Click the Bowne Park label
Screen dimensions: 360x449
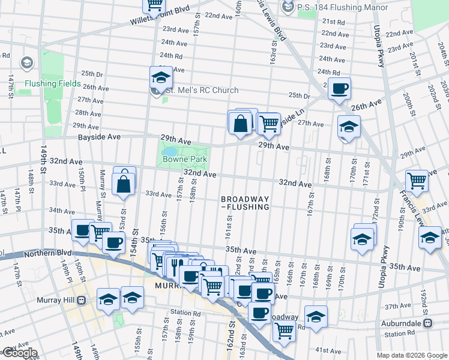coord(186,160)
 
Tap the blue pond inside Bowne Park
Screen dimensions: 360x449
coord(170,151)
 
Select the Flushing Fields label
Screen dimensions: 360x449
coord(52,83)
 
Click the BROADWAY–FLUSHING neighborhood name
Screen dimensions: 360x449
coord(244,203)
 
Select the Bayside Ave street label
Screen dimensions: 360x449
coord(100,137)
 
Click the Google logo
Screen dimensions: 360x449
coord(19,353)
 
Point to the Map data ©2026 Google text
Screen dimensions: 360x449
coord(412,355)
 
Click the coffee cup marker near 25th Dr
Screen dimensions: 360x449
coord(340,89)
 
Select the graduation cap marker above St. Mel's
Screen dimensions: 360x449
coord(161,77)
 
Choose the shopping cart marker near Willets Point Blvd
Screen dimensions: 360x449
coord(154,5)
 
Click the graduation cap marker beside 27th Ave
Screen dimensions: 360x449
coord(349,127)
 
